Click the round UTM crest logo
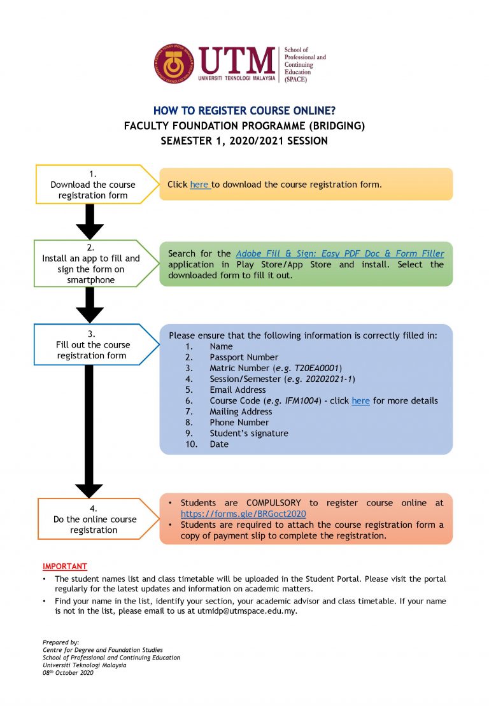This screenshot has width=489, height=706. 173,64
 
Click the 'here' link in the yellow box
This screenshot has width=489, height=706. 199,185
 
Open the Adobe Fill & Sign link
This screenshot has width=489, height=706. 339,253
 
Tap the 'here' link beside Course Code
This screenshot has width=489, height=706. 360,401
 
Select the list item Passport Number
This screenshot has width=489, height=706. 243,357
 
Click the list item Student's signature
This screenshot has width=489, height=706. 248,434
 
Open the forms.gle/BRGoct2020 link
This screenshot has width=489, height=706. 243,514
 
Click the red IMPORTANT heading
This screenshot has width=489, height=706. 64,566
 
